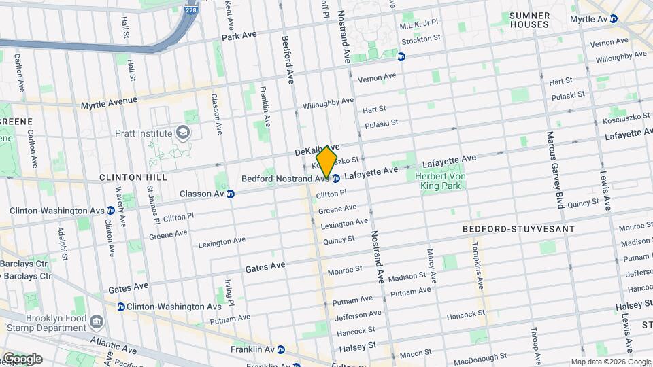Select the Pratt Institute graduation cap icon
tap(182, 131)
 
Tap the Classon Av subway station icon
tap(231, 194)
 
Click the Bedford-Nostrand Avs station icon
tap(336, 179)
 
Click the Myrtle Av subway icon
tap(614, 20)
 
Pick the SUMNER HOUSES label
tap(529, 20)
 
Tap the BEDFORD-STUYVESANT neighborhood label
tap(518, 229)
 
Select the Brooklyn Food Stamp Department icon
tap(97, 320)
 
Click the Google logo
tap(22, 358)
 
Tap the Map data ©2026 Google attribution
tap(610, 362)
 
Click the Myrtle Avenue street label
tap(109, 103)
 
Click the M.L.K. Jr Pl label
tap(419, 25)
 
